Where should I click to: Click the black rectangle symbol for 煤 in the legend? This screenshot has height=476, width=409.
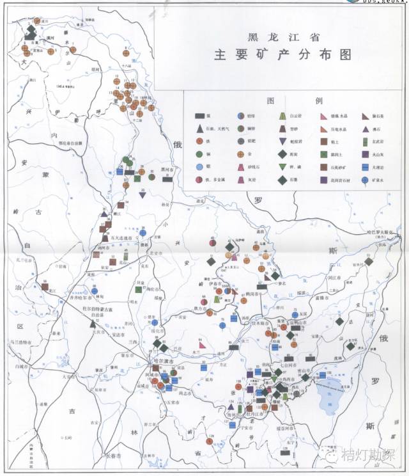coord(199,116)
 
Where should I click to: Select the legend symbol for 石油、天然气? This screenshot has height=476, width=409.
coord(199,129)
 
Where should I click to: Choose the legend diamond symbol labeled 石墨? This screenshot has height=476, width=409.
coord(282,180)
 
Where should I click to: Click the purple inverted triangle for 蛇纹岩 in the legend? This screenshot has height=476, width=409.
coord(282,141)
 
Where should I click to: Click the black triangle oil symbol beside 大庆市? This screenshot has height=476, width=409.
coord(93,324)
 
